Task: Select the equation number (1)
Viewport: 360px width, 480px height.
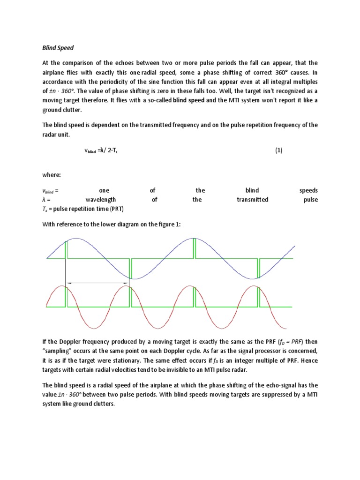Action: point(278,151)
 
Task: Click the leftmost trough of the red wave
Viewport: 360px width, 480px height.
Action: point(97,328)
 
